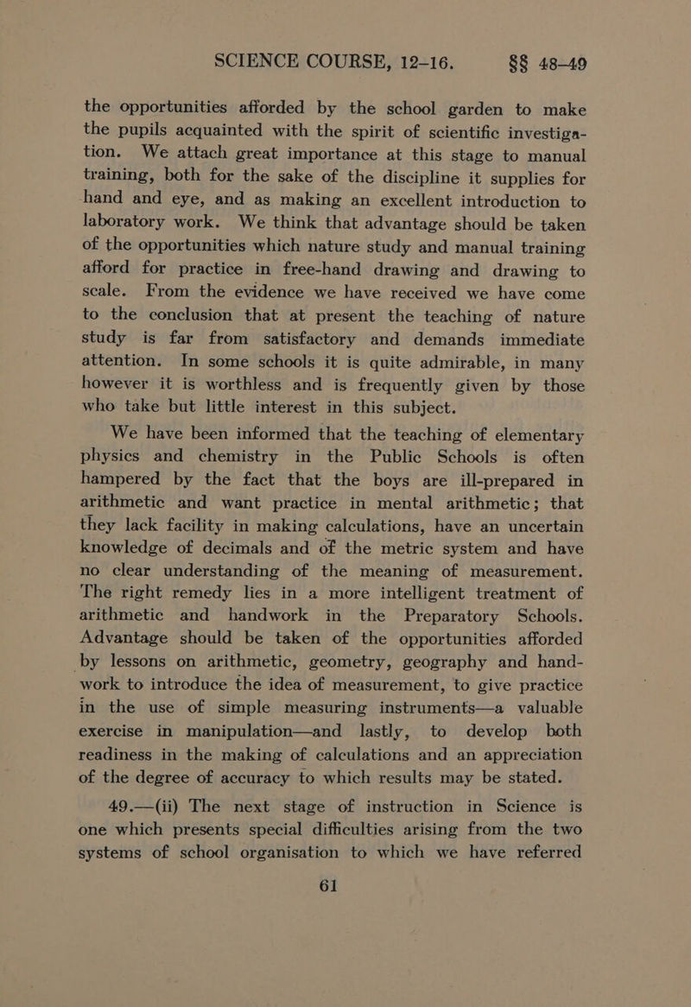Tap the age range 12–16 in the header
click(x=411, y=38)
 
